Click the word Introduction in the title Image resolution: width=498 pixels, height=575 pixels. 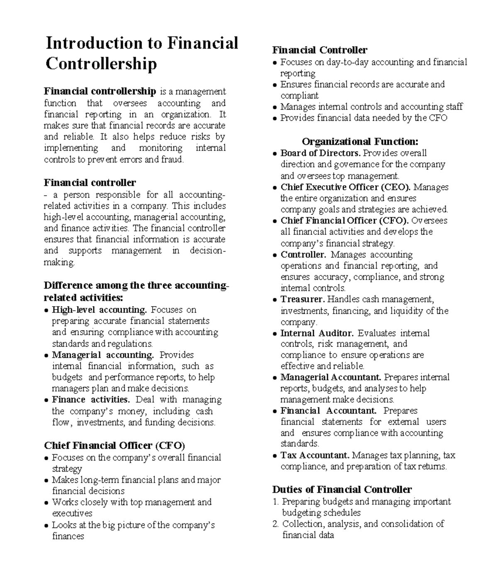94,44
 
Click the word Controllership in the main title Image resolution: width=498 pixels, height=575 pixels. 101,64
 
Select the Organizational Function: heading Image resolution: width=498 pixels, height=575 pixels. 360,142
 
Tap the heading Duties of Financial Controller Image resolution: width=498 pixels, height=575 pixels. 342,489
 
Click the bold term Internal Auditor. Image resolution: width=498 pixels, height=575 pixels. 317,333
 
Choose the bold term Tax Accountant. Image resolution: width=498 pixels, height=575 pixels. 315,455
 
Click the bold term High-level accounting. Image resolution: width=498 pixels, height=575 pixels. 99,310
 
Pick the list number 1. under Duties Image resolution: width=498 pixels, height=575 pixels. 276,502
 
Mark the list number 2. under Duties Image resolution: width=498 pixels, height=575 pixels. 276,524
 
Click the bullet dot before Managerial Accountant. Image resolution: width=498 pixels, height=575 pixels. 275,378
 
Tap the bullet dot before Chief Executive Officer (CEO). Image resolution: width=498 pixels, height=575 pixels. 275,188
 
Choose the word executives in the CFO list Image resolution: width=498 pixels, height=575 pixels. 72,514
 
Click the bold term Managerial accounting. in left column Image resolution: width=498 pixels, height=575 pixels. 103,355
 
